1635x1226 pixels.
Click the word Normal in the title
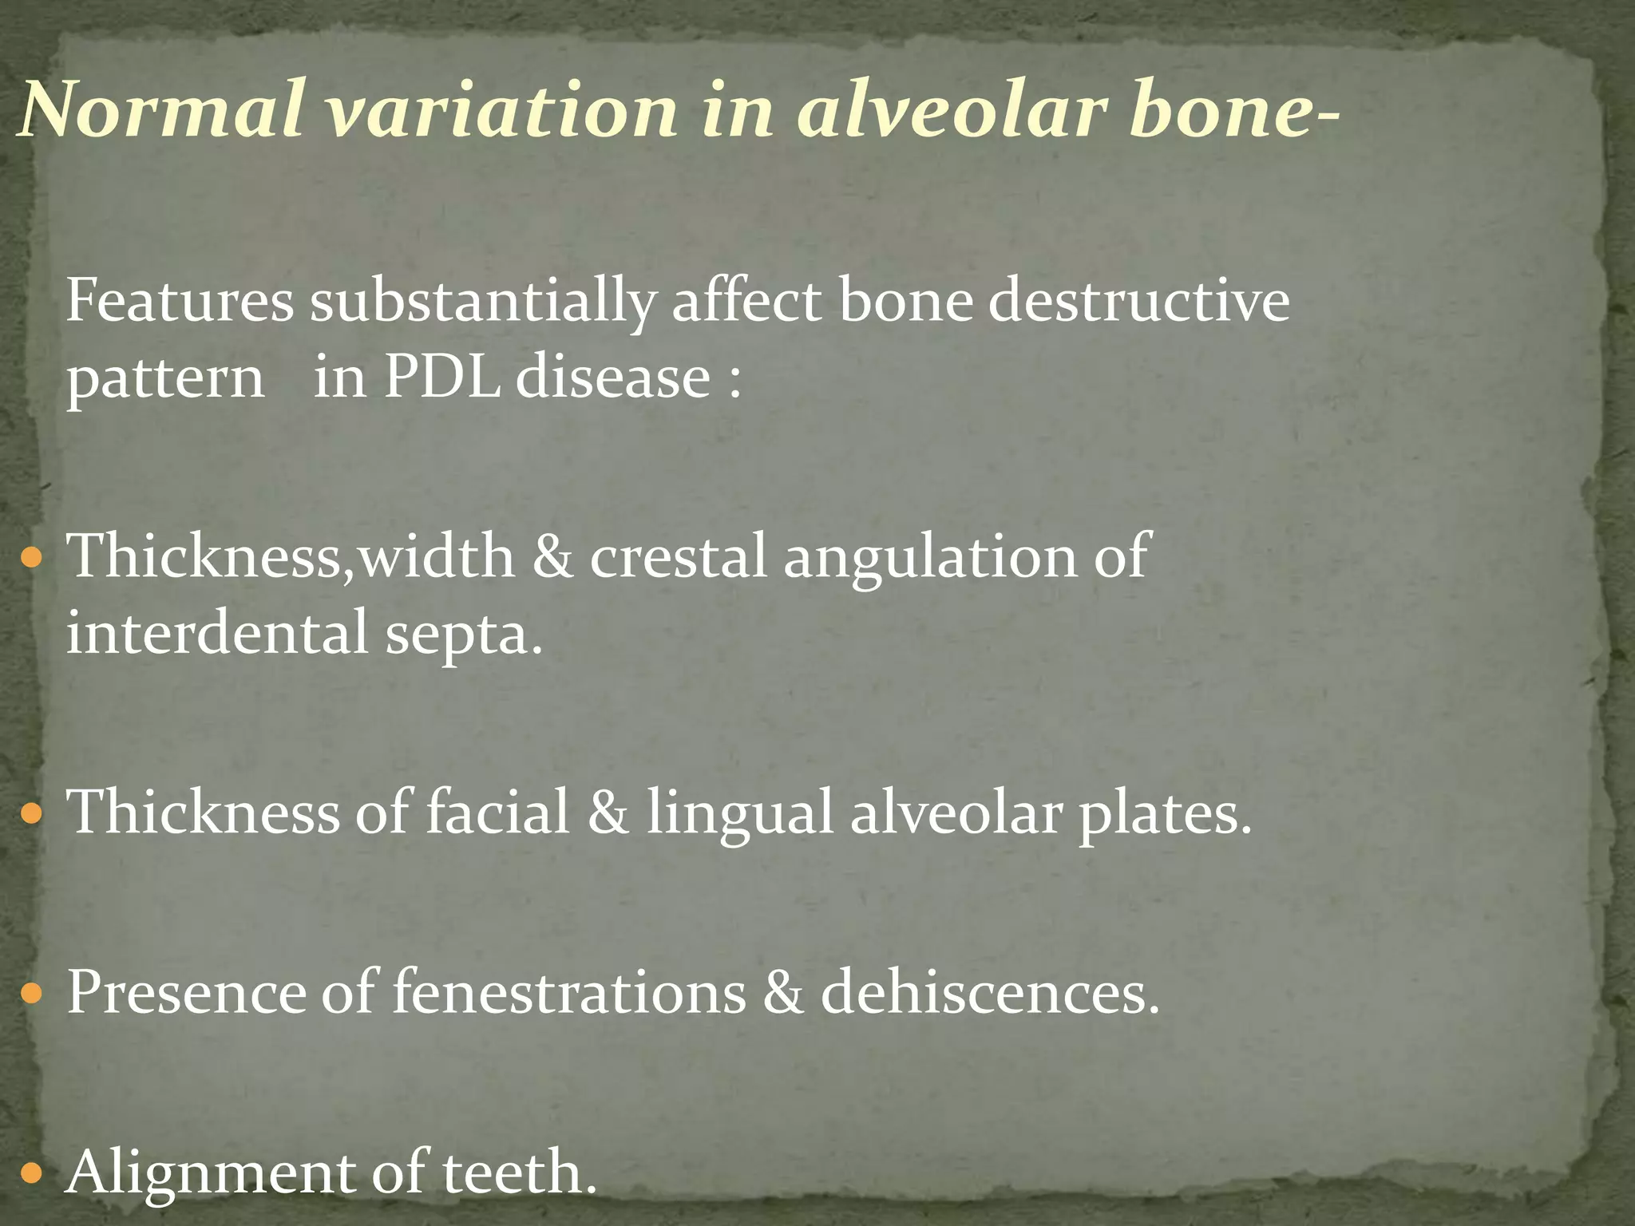(160, 109)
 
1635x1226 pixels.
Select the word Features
(179, 303)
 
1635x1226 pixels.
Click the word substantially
(482, 303)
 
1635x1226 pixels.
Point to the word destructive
(1138, 303)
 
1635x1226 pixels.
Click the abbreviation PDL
(441, 377)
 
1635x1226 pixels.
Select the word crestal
(679, 556)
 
